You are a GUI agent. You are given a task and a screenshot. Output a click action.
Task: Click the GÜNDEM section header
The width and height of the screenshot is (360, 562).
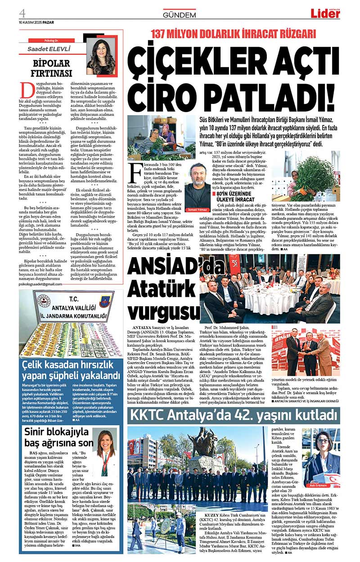click(179, 15)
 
